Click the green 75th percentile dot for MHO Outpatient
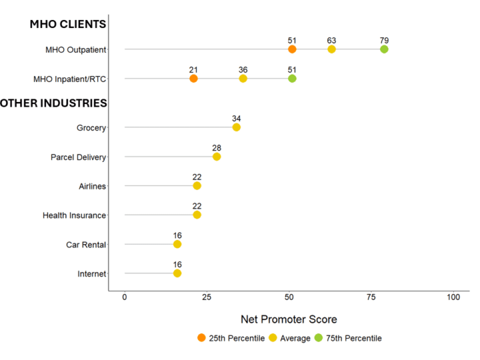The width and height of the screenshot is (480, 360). (x=384, y=49)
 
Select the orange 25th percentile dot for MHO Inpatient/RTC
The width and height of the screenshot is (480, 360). (x=193, y=79)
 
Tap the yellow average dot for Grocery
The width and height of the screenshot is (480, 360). (x=236, y=127)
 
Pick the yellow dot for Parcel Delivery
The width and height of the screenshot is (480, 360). (x=217, y=157)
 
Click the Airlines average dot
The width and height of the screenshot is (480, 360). (x=197, y=186)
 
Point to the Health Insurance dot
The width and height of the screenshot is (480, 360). (x=197, y=215)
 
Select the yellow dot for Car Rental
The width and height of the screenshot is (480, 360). (x=177, y=245)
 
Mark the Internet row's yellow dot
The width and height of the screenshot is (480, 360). (x=177, y=273)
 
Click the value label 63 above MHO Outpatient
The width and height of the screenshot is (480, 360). (x=331, y=40)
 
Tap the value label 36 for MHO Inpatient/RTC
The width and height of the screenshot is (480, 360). (x=243, y=69)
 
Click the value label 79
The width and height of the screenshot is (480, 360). (x=384, y=40)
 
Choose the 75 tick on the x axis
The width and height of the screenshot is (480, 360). (x=371, y=297)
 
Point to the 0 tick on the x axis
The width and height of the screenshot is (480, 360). (x=125, y=297)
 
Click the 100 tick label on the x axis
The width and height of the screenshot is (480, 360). (x=453, y=297)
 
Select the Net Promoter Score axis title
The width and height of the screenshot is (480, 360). (x=289, y=319)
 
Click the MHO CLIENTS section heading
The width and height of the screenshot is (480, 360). (x=67, y=25)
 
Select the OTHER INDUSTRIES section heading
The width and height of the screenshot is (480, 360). (x=53, y=103)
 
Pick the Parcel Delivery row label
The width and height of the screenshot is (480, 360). (x=78, y=157)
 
